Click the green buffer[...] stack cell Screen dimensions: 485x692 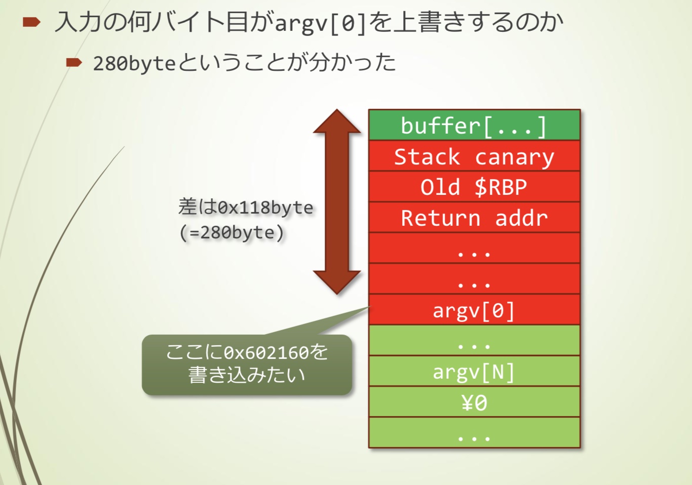coord(474,125)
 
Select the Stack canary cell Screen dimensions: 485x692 coord(474,156)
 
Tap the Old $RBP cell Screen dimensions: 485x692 coord(474,187)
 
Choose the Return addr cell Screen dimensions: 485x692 coord(474,218)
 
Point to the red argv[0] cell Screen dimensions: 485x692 coord(474,310)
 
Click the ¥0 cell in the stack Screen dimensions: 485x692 coord(474,402)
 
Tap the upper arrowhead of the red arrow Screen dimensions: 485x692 coord(337,122)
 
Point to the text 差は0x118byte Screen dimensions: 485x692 coord(246,207)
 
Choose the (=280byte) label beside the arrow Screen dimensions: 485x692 coord(232,232)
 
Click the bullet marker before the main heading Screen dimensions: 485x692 coord(31,22)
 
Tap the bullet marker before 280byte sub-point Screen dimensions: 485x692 coord(74,63)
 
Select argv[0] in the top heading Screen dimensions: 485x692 coord(320,23)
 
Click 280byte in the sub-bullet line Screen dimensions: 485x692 coord(134,64)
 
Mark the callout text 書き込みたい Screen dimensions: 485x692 coord(247,375)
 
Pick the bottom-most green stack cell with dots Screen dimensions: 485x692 coord(474,433)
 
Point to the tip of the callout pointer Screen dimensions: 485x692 coord(369,307)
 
